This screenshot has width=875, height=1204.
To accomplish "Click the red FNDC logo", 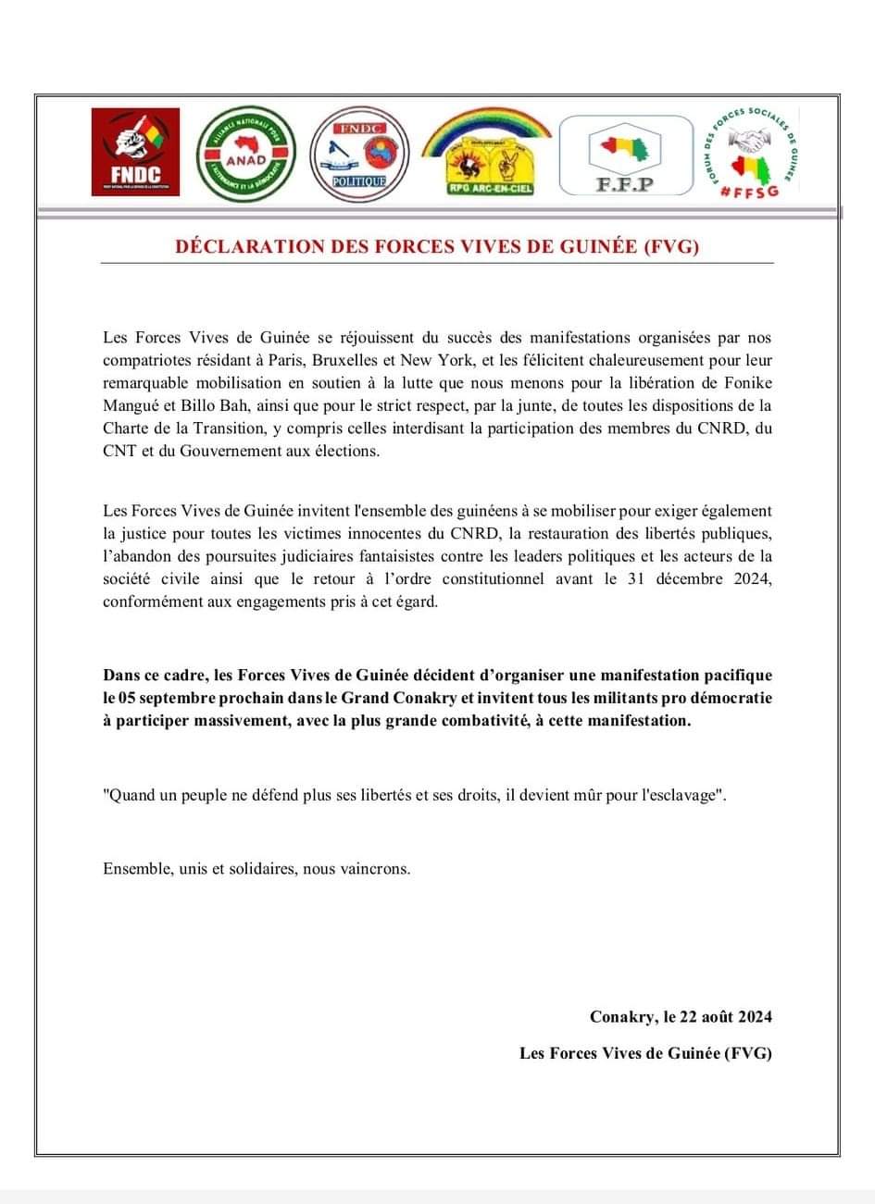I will [135, 151].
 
